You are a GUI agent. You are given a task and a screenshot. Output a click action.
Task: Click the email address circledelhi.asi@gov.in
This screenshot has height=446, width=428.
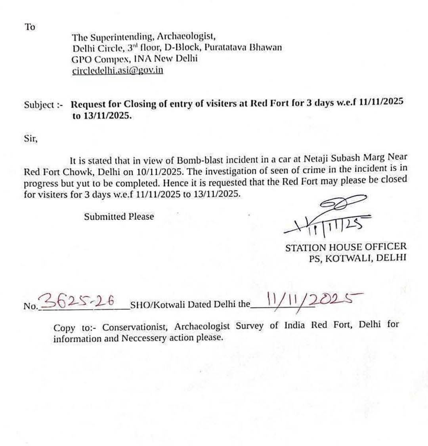point(118,71)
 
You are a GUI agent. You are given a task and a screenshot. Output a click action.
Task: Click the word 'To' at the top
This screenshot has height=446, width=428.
point(30,27)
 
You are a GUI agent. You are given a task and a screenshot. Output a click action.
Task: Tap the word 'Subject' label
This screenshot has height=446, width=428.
point(39,105)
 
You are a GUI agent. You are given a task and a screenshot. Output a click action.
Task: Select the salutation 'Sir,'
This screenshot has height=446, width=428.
point(31,139)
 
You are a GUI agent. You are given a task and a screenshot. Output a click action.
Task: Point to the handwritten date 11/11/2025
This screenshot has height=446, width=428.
point(309,300)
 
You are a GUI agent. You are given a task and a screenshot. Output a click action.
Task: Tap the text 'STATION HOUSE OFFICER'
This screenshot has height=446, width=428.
point(346,247)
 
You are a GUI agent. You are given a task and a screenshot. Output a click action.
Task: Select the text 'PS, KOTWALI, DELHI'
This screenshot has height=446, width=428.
point(357,258)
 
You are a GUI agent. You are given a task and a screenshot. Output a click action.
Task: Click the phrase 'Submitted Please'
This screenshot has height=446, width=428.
point(118,217)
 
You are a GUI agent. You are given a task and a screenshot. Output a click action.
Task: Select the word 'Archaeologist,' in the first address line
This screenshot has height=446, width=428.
point(186,37)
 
